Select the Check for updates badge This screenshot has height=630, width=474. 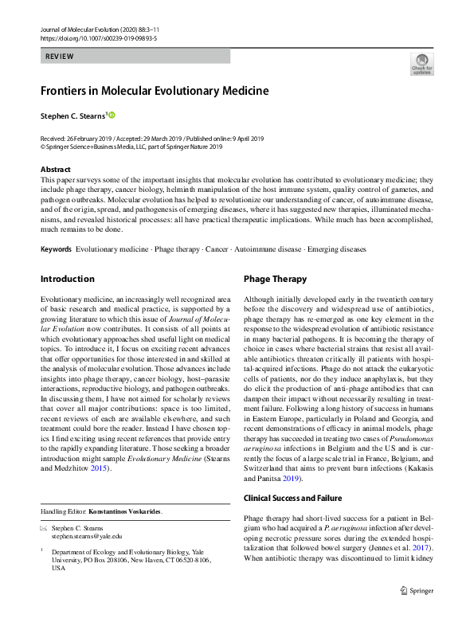click(421, 65)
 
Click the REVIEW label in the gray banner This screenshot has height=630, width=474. click(61, 57)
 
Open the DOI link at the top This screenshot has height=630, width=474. click(98, 37)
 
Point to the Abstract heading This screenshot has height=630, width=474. click(55, 170)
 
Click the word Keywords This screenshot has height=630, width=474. click(57, 249)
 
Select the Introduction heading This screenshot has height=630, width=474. click(68, 280)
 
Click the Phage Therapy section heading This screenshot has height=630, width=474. click(275, 280)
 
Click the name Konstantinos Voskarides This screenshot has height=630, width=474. click(128, 511)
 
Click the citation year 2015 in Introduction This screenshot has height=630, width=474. click(100, 468)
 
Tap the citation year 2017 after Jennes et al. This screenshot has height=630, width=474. click(421, 548)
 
